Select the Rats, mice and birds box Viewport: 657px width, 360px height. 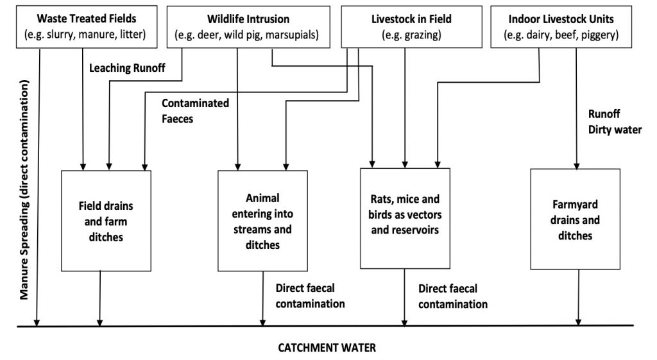pyautogui.click(x=405, y=218)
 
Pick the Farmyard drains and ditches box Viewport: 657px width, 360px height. pyautogui.click(x=576, y=219)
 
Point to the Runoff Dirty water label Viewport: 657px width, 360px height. pyautogui.click(x=615, y=121)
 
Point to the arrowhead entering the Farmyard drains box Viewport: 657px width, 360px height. pyautogui.click(x=576, y=165)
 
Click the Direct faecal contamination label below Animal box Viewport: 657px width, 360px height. pyautogui.click(x=310, y=296)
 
